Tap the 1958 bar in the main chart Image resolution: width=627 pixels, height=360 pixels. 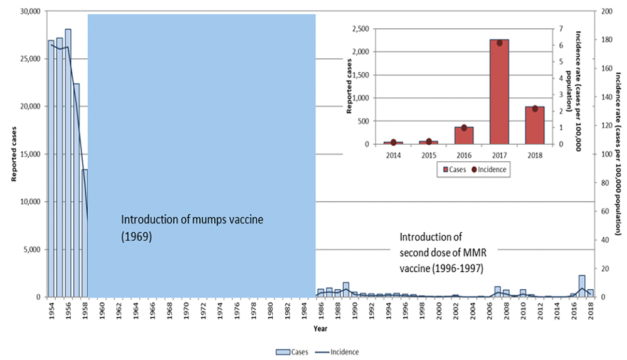85,232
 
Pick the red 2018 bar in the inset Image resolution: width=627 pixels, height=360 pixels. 535,125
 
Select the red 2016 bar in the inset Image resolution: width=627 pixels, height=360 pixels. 463,135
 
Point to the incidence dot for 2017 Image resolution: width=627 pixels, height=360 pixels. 500,43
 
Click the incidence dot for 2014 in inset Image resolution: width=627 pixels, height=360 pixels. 393,142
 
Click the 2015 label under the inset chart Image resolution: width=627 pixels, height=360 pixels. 428,154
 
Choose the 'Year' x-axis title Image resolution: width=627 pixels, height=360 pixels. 320,329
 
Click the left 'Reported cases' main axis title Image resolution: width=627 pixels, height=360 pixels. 12,153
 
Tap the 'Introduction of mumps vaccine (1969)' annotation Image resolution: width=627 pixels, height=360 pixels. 192,228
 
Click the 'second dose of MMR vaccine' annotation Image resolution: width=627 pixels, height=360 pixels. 444,253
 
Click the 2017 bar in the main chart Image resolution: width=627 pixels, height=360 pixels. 582,286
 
